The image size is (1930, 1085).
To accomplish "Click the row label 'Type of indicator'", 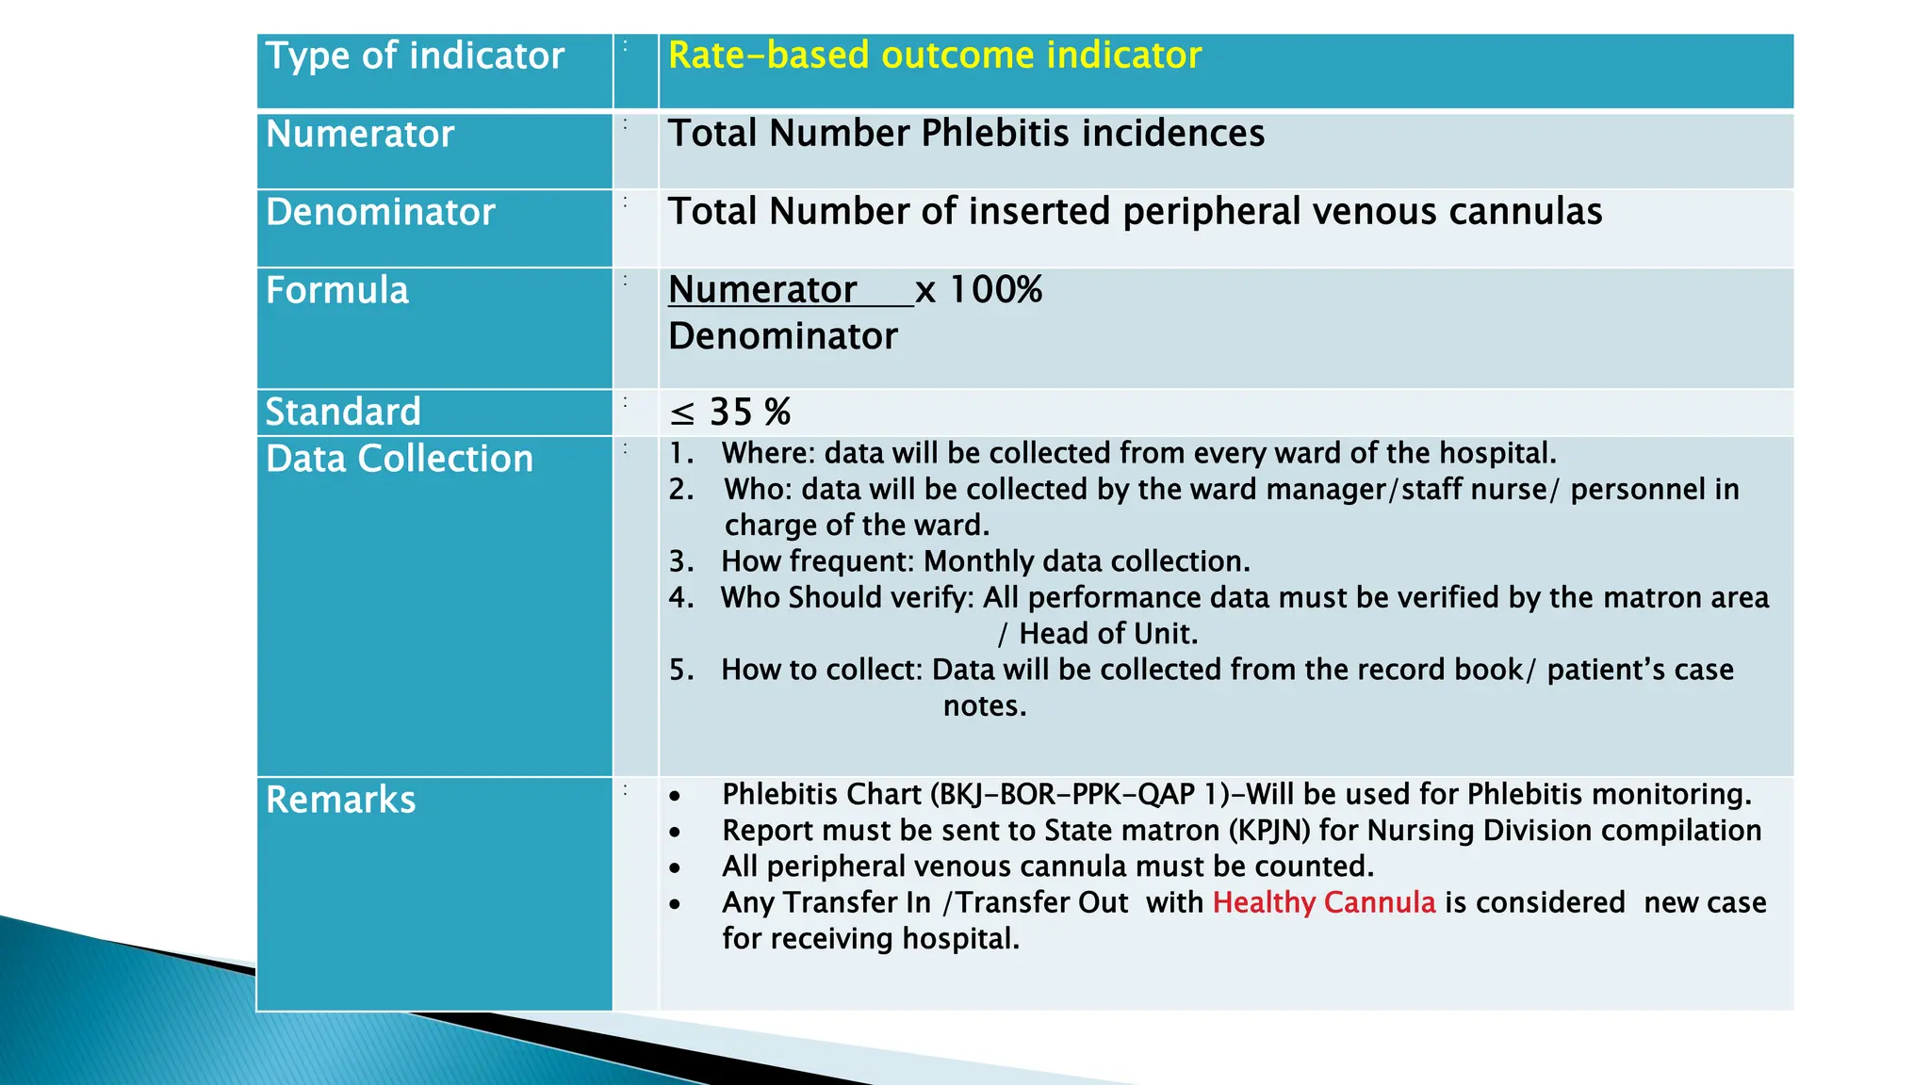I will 415,57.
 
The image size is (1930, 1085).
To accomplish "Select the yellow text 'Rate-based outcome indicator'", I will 934,56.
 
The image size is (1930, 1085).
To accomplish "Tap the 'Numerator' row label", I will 360,135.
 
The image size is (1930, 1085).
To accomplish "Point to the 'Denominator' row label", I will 380,213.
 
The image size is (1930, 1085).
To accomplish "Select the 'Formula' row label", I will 337,291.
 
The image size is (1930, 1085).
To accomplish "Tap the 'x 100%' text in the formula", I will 978,290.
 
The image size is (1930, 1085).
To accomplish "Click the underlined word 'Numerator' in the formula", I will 762,290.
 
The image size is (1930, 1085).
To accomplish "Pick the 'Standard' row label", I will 342,413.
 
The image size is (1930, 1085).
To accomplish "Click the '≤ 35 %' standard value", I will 730,413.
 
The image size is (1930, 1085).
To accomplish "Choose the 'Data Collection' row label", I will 400,460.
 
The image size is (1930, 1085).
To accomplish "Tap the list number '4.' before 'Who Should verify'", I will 681,598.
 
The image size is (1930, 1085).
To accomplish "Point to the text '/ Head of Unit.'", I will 1098,634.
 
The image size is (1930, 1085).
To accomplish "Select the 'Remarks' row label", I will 340,801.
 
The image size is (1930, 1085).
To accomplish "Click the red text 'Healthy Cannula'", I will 1323,902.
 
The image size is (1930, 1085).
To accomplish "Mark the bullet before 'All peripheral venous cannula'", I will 675,867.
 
